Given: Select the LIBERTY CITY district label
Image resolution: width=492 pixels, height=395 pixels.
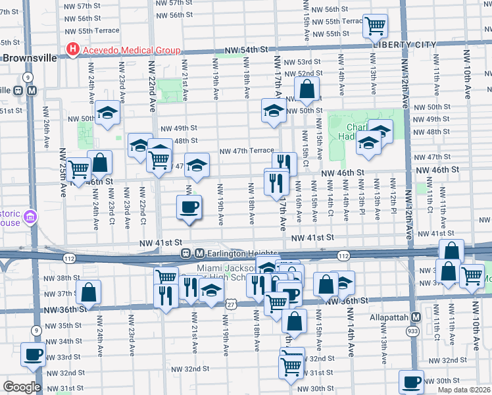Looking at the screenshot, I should pyautogui.click(x=405, y=45).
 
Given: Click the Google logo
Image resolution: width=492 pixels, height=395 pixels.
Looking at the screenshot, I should pyautogui.click(x=21, y=387).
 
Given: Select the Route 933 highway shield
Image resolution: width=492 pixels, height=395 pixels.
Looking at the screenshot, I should pyautogui.click(x=412, y=330).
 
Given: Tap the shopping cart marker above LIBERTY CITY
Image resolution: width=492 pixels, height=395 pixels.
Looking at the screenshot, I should pyautogui.click(x=375, y=26).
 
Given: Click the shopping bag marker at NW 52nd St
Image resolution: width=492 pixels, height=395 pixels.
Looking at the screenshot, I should pyautogui.click(x=307, y=88).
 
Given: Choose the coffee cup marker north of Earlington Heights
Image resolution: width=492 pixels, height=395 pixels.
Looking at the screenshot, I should pyautogui.click(x=189, y=207).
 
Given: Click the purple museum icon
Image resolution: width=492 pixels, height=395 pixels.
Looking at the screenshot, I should pyautogui.click(x=30, y=217).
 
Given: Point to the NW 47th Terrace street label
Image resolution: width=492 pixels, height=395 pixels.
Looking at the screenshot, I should pyautogui.click(x=246, y=151).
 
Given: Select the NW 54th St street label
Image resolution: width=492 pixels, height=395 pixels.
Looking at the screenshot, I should pyautogui.click(x=247, y=50).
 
